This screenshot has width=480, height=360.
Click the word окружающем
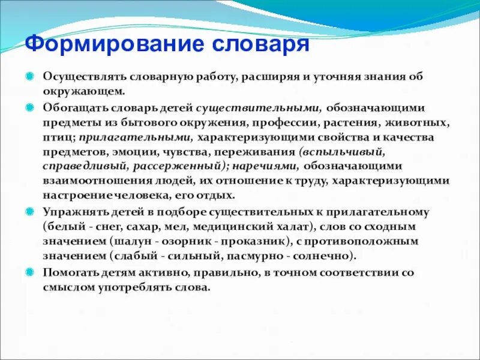tap(83, 92)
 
